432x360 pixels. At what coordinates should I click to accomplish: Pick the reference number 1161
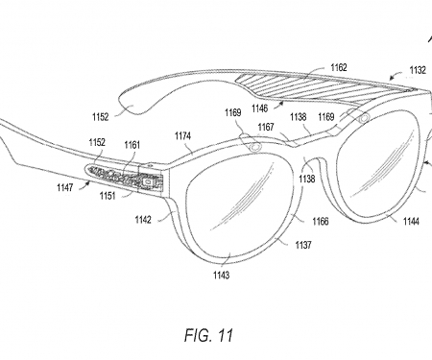point(132,144)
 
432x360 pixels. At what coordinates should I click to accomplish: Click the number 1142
point(142,218)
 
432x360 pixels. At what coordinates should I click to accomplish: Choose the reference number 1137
point(303,246)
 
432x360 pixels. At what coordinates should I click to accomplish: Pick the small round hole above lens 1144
point(366,117)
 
